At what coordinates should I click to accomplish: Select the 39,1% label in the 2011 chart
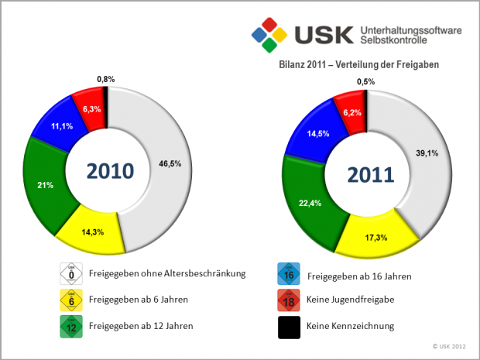[427, 153]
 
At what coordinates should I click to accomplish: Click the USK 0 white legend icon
[71, 273]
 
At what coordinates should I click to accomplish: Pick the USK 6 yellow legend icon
[71, 299]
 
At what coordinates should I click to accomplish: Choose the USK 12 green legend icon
[71, 325]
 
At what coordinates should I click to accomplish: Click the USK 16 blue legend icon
[288, 274]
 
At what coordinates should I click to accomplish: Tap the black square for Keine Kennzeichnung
[288, 327]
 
